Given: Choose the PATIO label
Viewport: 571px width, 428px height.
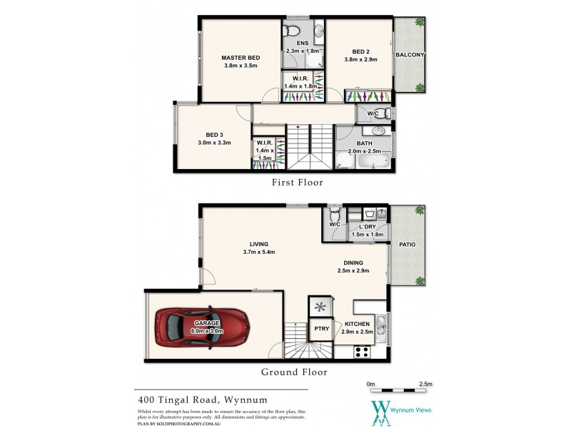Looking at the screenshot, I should tap(407, 245).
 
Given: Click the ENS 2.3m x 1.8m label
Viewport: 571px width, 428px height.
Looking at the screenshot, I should tap(298, 47).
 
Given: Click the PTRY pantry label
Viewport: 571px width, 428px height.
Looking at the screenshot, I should tap(320, 329).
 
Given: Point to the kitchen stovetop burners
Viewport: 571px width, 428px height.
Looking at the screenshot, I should tap(362, 351).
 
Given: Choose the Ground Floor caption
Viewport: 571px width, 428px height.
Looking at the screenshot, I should tap(293, 372).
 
